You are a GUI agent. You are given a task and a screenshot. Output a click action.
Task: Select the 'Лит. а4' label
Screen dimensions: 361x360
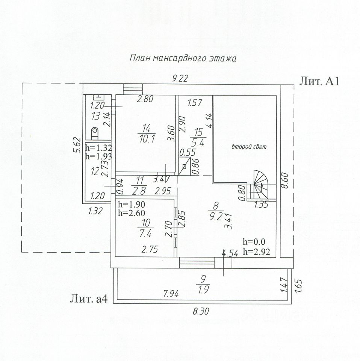coord(89,299)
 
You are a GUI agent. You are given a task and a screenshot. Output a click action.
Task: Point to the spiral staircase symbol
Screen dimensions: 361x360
coord(261,181)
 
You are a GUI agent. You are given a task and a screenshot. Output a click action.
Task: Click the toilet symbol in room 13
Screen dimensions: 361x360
coord(95,132)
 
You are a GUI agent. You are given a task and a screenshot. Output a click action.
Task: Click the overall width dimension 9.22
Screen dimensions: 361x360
coord(180,78)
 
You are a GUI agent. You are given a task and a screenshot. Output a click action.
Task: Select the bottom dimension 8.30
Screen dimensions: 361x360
coord(201,311)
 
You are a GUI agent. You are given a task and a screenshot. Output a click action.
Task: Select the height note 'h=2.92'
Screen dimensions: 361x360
coord(256,252)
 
